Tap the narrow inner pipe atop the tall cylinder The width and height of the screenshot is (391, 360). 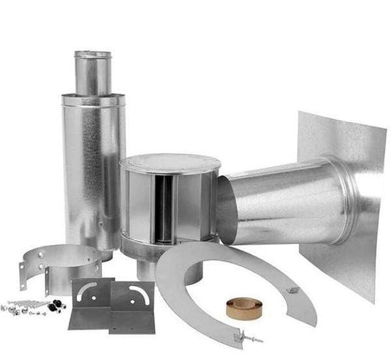coord(92,73)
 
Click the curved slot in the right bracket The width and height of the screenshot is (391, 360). coord(137,294)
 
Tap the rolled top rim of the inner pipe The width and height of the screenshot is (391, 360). coord(92,54)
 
